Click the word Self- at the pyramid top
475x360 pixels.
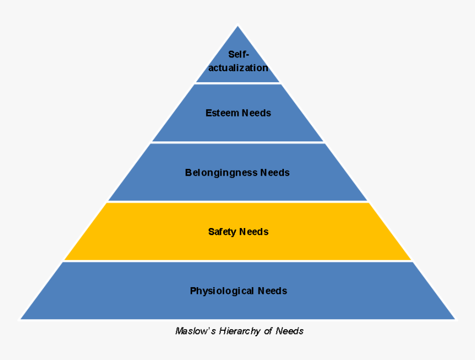pyautogui.click(x=239, y=54)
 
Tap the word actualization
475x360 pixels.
pyautogui.click(x=238, y=68)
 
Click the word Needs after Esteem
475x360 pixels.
pyautogui.click(x=256, y=113)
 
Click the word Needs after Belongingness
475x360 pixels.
pyautogui.click(x=275, y=172)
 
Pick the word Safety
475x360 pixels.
pyautogui.click(x=222, y=231)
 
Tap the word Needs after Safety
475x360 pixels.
pyautogui.click(x=254, y=231)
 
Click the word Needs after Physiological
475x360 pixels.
pyautogui.click(x=272, y=290)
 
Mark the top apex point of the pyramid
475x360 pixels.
pyautogui.click(x=238, y=26)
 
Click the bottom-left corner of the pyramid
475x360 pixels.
pyautogui.click(x=21, y=319)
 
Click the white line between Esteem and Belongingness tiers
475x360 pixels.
pyautogui.click(x=237, y=142)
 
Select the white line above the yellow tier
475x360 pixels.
pyautogui.click(x=237, y=202)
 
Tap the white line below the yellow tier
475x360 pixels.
pyautogui.click(x=237, y=261)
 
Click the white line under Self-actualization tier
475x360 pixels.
pyautogui.click(x=237, y=83)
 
